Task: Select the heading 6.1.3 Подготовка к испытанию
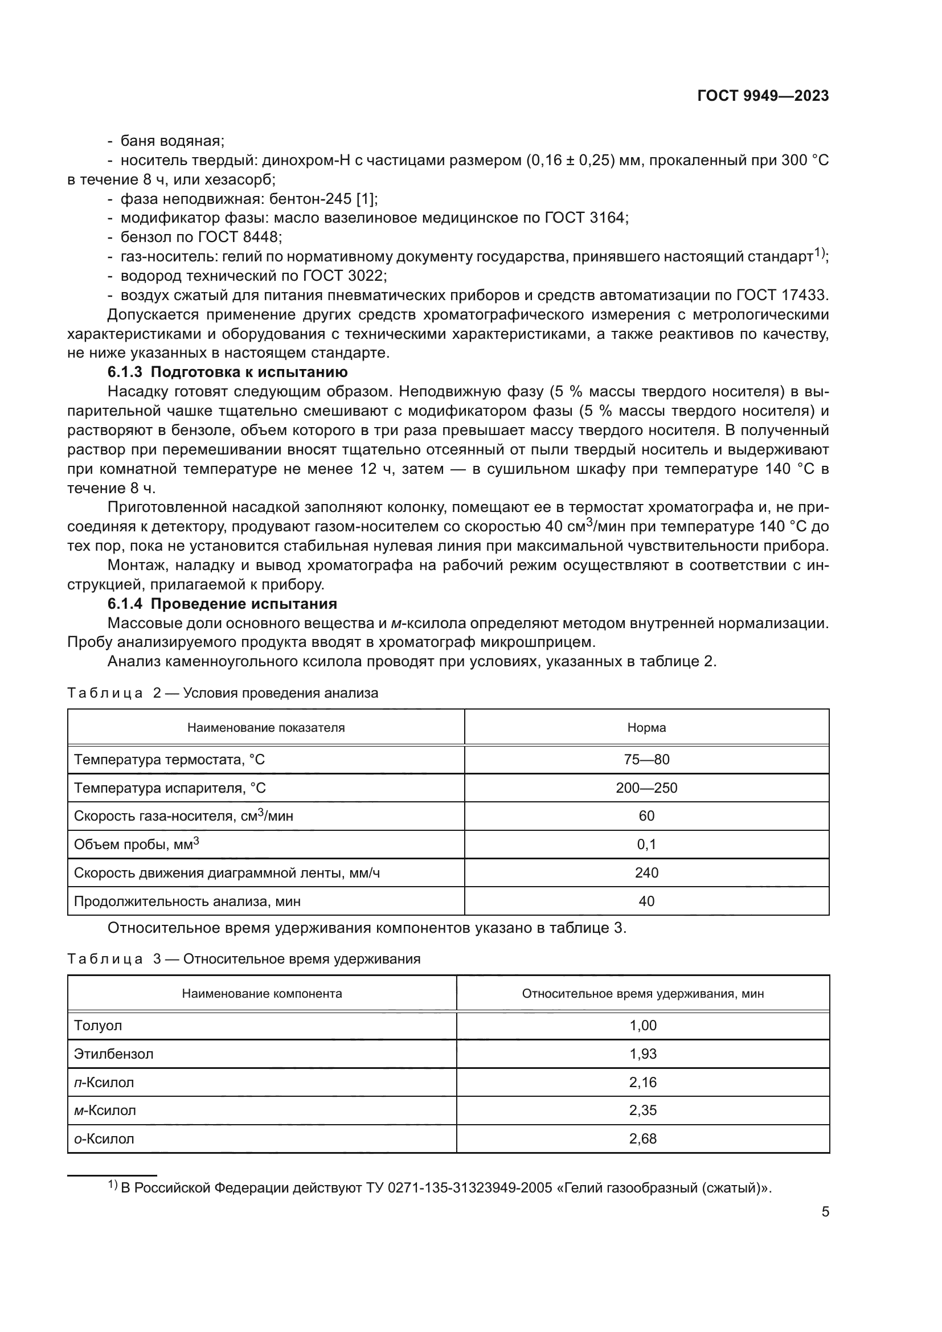click(x=227, y=372)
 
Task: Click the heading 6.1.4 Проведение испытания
click(x=222, y=604)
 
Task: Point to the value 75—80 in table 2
click(x=646, y=760)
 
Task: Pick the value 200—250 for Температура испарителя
click(x=646, y=788)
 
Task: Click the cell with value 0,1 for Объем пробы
click(x=646, y=844)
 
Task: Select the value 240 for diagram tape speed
click(x=646, y=872)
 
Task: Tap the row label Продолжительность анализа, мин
click(x=187, y=901)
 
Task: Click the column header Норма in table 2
click(x=646, y=727)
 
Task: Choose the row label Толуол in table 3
click(x=98, y=1025)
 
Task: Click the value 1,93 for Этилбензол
click(x=642, y=1054)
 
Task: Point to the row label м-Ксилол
click(x=105, y=1110)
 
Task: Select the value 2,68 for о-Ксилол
click(x=642, y=1139)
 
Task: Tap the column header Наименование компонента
click(x=261, y=993)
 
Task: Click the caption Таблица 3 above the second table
click(x=114, y=959)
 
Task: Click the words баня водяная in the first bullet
click(x=172, y=141)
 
